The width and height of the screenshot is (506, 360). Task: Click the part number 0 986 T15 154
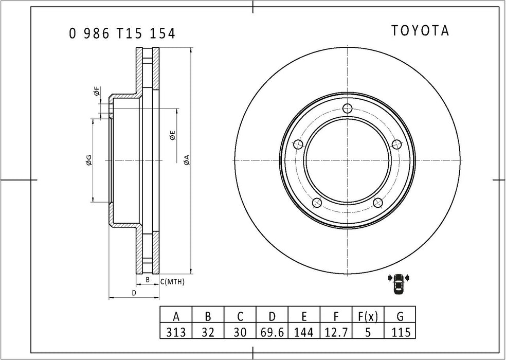coord(122,34)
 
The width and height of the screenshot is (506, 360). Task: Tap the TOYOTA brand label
coord(420,31)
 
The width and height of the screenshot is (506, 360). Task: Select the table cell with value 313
coord(176,332)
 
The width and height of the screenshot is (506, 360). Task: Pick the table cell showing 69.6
coord(272,332)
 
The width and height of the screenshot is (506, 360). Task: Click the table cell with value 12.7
coord(336,332)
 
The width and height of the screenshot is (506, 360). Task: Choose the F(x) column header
coord(367,316)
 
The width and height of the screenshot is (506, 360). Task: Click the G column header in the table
coord(400,316)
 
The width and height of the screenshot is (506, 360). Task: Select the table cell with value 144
coord(304,332)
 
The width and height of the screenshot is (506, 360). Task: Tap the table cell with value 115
coord(400,332)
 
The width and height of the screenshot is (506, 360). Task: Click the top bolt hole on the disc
coord(348,108)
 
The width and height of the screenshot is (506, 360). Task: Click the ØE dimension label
coord(173,136)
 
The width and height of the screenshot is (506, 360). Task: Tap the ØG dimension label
coord(88,160)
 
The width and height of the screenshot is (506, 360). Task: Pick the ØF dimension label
coord(96,92)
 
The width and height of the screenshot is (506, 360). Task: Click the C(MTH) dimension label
coord(172,281)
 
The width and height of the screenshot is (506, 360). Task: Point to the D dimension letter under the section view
coord(134,293)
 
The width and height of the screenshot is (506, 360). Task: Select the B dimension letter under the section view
coord(148,280)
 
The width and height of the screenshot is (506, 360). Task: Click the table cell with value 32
coord(208,332)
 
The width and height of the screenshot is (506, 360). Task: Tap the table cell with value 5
coord(367,332)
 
